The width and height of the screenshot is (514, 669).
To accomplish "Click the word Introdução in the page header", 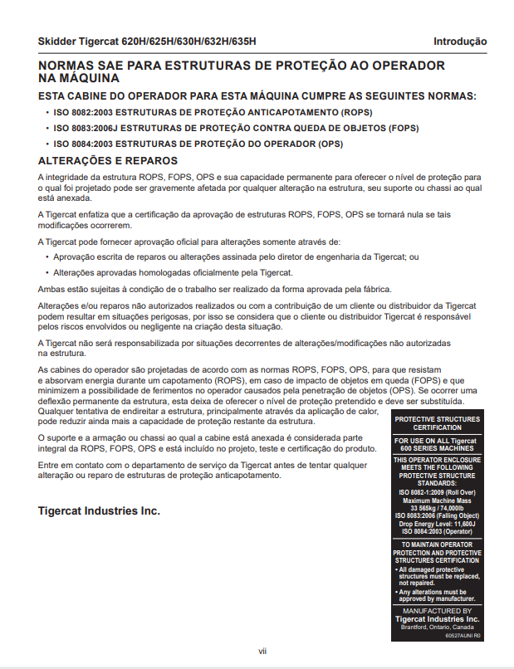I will pos(459,42).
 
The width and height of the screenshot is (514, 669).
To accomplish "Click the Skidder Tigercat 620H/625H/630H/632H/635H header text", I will pos(147,42).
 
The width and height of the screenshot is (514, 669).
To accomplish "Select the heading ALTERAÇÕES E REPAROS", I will pos(108,160).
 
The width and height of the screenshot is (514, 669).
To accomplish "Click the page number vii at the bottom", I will pos(262,651).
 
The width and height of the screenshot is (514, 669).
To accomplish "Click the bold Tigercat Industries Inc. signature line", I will pos(99,510).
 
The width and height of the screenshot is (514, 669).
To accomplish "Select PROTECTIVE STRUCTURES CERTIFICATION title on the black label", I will pos(437,423).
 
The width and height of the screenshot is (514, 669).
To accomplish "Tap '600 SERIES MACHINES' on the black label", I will pos(437,449).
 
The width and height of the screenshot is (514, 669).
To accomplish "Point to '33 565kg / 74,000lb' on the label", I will pos(437,508).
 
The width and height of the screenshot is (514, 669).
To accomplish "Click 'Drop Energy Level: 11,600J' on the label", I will pos(437,524).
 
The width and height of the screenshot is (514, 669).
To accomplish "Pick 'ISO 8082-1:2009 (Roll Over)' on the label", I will pos(437,492).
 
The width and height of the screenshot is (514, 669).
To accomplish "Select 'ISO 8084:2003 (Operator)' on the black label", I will pos(437,531).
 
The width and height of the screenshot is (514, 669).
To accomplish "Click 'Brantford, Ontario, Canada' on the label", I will pos(437,627).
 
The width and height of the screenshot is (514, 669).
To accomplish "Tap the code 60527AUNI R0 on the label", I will pos(463,636).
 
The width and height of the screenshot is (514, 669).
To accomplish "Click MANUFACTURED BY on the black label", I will pos(437,611).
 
